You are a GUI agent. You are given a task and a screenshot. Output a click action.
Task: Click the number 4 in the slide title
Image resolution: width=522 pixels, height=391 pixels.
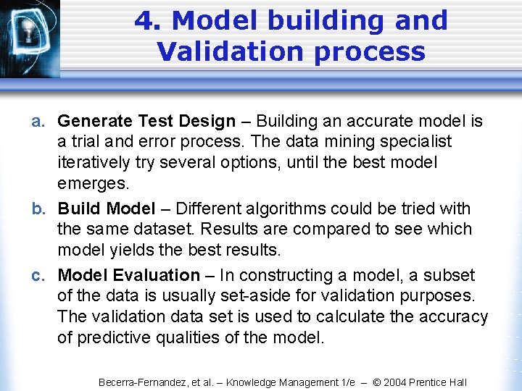[x=146, y=21]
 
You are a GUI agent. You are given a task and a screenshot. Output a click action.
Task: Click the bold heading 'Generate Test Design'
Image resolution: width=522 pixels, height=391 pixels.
[x=146, y=122]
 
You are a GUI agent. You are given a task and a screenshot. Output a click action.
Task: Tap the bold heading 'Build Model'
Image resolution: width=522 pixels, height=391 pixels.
[x=107, y=209]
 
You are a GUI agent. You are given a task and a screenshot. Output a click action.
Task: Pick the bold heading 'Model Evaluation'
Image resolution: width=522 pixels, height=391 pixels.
[x=128, y=276]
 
